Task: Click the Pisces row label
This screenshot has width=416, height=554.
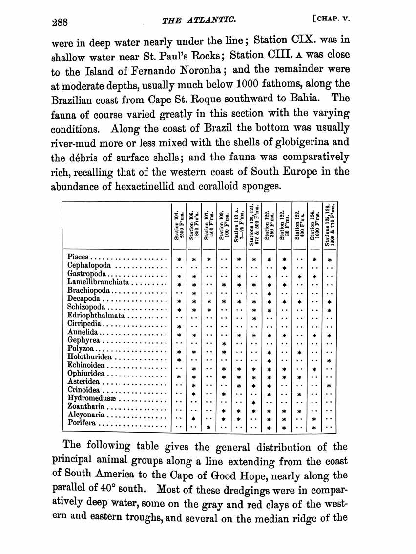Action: pos(78,257)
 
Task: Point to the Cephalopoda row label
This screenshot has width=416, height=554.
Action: pos(90,266)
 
